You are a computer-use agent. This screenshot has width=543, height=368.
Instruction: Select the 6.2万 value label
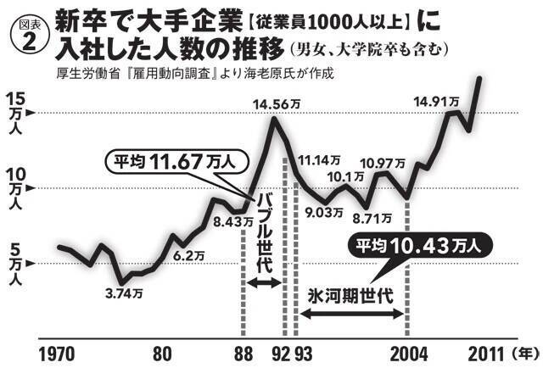(x=188, y=254)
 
